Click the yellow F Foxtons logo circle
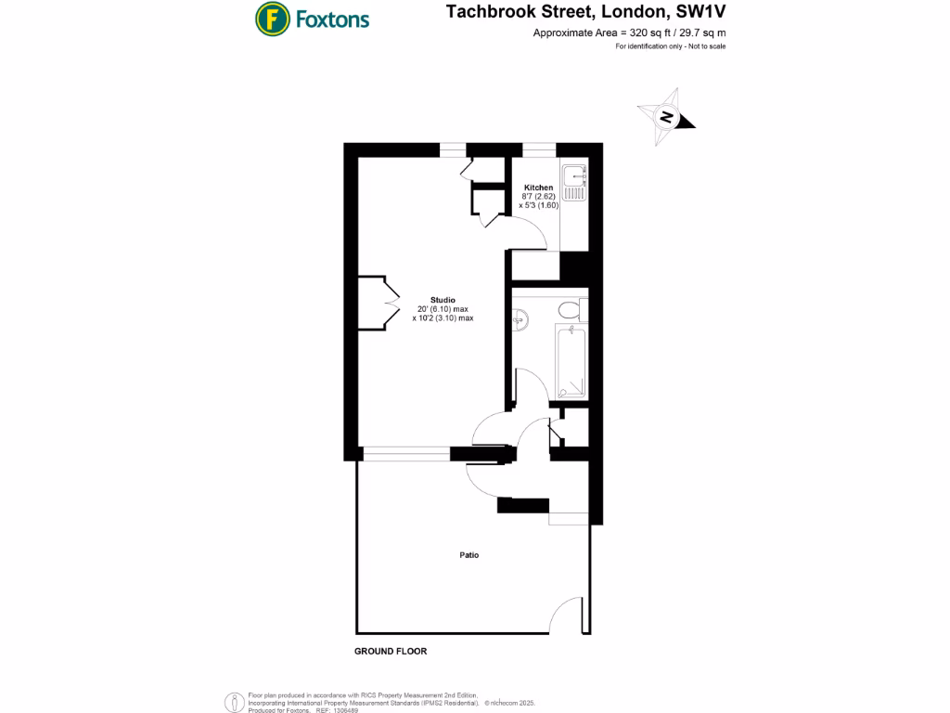pos(270,18)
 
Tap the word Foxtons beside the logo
pos(332,19)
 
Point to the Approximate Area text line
pos(628,33)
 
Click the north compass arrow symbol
pos(666,118)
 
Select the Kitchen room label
pos(538,188)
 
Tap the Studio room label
pos(443,300)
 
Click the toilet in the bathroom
pos(567,308)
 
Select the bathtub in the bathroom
pos(571,361)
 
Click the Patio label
pos(469,555)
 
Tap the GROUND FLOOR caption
pos(391,652)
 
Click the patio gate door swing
pos(567,616)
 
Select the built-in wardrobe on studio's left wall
pos(373,303)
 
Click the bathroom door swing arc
pos(529,385)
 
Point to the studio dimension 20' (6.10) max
pos(443,309)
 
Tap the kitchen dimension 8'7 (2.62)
pos(538,197)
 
